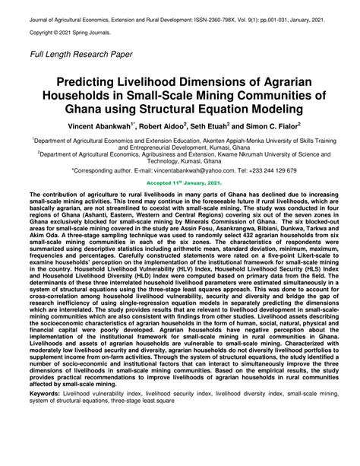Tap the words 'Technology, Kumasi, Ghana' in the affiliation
pyautogui.click(x=179, y=163)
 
